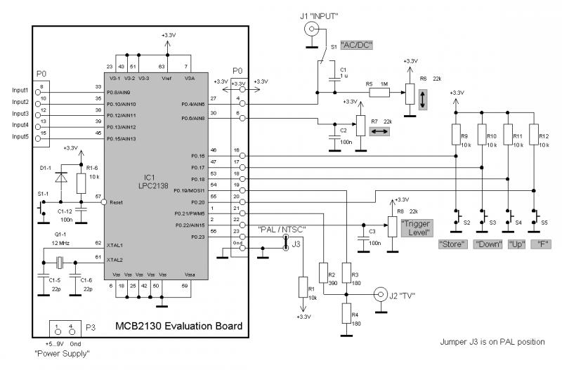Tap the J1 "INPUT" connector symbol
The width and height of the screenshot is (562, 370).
[309, 29]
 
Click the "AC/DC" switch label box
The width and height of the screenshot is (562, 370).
[356, 45]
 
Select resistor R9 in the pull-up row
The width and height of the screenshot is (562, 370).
[456, 135]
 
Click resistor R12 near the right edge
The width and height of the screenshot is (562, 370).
[535, 135]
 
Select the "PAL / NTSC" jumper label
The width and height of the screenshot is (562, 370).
[281, 229]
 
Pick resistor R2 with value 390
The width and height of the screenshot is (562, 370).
[323, 274]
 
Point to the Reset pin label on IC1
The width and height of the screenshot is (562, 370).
[116, 201]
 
